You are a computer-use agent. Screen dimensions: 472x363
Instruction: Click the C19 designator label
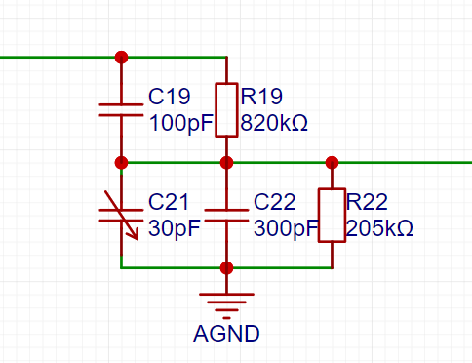click(x=169, y=97)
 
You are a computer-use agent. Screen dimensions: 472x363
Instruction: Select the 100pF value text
click(x=180, y=123)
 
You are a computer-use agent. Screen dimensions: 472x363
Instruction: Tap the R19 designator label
click(x=261, y=97)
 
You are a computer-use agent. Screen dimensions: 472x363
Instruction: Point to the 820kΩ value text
click(x=274, y=123)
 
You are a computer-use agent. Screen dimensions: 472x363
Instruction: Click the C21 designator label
click(x=169, y=202)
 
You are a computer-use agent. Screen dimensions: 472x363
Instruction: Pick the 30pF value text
click(x=175, y=228)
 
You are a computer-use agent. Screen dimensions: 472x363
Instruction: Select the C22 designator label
click(x=274, y=202)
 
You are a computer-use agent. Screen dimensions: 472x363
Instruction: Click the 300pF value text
click(x=286, y=228)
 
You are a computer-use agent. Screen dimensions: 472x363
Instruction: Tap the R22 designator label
click(x=367, y=202)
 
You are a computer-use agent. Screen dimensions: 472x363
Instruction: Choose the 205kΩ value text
click(x=379, y=228)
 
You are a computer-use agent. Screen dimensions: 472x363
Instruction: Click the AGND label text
click(x=226, y=334)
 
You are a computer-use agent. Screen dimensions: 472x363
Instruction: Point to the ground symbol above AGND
click(x=226, y=306)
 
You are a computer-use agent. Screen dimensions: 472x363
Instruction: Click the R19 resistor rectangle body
click(x=226, y=110)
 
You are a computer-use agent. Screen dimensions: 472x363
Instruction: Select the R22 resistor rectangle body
click(x=332, y=216)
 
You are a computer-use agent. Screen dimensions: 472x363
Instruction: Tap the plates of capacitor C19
click(x=121, y=110)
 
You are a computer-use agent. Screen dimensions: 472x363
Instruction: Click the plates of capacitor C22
click(x=226, y=216)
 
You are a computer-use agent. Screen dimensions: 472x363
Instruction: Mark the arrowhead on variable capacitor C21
click(x=135, y=235)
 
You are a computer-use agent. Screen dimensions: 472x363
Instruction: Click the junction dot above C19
click(x=121, y=58)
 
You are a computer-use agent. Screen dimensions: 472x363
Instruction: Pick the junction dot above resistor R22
click(x=332, y=163)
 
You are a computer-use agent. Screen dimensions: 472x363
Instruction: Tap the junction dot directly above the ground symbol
click(x=226, y=268)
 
